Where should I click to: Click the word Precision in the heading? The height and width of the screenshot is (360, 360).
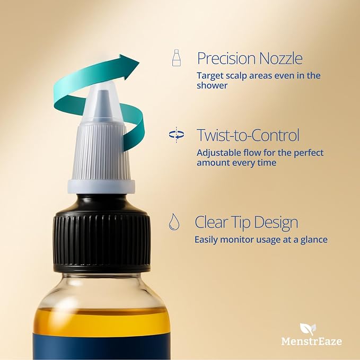tap(227, 58)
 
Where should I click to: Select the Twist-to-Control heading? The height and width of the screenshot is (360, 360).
tap(248, 135)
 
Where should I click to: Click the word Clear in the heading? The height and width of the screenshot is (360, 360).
tap(211, 222)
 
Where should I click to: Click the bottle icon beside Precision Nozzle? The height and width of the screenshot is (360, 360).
tap(177, 58)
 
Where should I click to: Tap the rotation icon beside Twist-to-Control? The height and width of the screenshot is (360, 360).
tap(177, 135)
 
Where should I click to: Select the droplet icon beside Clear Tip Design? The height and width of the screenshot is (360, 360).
tap(174, 222)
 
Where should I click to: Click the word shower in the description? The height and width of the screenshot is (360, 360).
tap(212, 85)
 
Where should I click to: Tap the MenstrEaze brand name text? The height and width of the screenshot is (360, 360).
tap(312, 341)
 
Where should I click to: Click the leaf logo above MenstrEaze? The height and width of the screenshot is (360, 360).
tap(308, 329)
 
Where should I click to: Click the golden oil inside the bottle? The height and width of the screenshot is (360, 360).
tap(102, 321)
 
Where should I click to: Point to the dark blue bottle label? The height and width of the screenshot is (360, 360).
tap(101, 347)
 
